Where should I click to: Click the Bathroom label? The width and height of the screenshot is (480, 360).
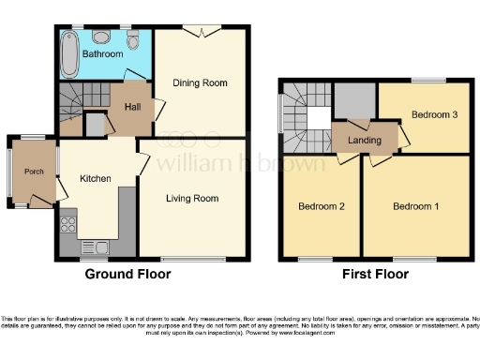point(102,54)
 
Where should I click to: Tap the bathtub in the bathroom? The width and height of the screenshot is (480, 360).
point(68,52)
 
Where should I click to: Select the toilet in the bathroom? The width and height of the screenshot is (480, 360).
point(134,42)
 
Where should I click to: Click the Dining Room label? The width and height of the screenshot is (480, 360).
point(201,82)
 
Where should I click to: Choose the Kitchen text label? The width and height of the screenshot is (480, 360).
point(96,179)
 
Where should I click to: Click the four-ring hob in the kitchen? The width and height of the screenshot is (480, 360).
point(67,225)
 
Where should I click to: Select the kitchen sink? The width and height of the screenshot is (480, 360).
point(103,247)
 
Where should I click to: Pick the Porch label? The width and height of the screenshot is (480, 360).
point(34,171)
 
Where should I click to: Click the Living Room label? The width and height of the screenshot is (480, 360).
point(192,198)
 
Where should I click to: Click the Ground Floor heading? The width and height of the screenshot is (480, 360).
point(128,275)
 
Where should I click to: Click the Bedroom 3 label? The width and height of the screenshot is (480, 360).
point(434,115)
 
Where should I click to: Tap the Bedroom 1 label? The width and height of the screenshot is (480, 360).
point(415,206)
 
